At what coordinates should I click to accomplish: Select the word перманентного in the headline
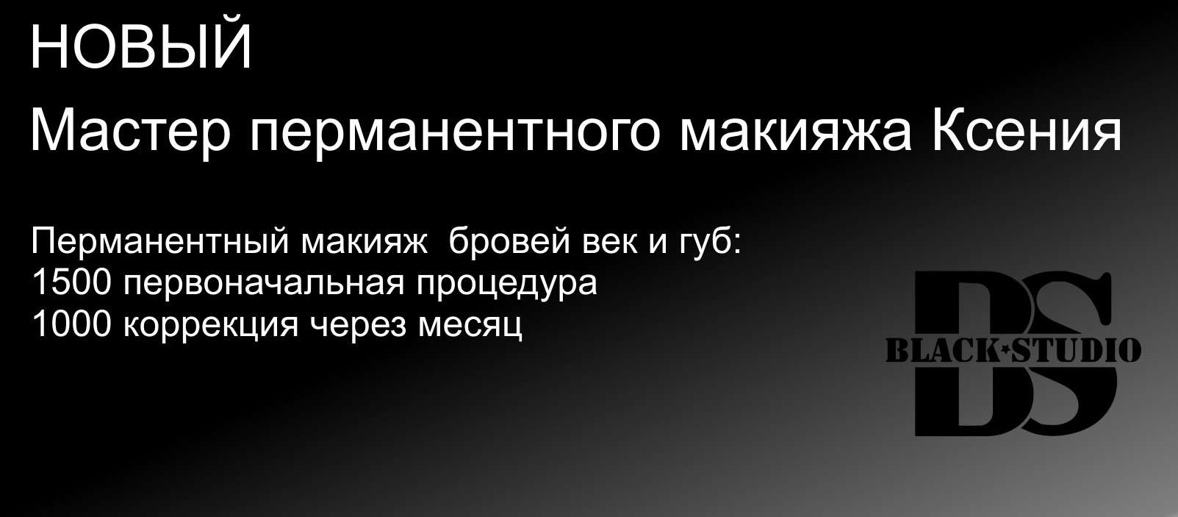[x=454, y=135]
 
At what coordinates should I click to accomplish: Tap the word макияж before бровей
[x=364, y=243]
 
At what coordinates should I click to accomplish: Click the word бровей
[x=509, y=241]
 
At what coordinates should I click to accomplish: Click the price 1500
[x=71, y=282]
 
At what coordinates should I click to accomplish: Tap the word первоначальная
[x=264, y=285]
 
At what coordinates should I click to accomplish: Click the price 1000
[x=71, y=324]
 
